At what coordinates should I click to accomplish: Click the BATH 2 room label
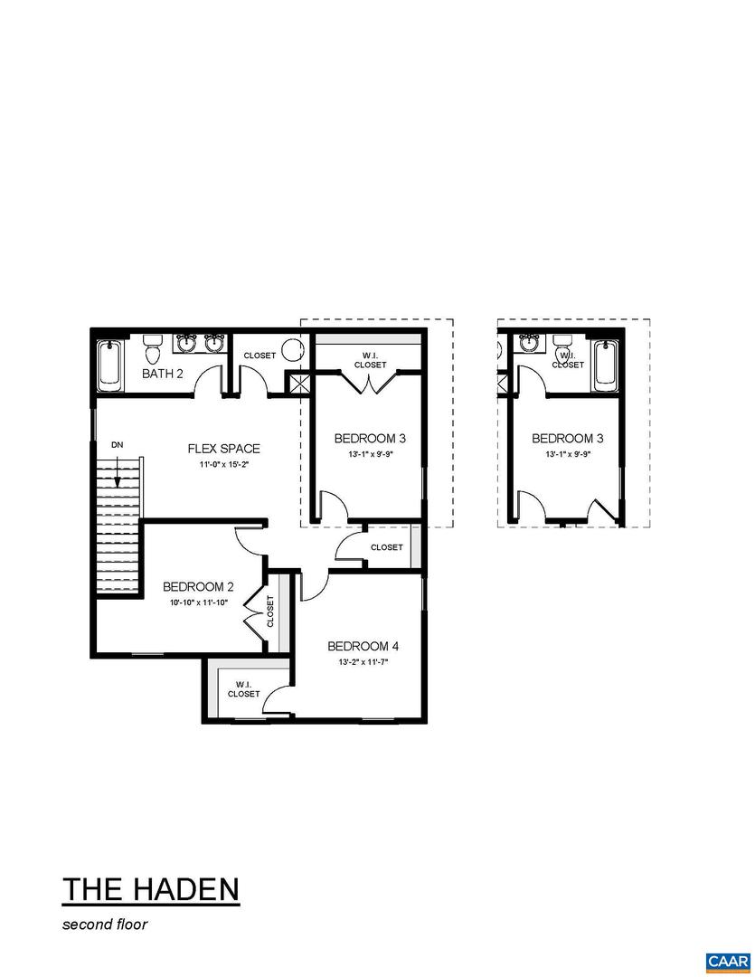tap(163, 373)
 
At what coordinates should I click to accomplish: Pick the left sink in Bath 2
tap(188, 343)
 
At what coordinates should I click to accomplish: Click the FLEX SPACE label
tap(223, 449)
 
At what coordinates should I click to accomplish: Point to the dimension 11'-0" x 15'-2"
tap(223, 465)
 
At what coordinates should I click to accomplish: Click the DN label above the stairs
tap(118, 445)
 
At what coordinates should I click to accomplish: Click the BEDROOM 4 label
tap(363, 646)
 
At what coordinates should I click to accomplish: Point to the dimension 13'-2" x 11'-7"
tap(363, 662)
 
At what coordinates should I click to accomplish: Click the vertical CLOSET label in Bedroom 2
tap(270, 612)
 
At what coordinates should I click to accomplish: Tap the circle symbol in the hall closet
tap(292, 349)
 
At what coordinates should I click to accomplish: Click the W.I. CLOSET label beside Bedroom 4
tap(243, 689)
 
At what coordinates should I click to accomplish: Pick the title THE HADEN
tap(151, 888)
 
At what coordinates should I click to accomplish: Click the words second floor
tap(104, 925)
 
